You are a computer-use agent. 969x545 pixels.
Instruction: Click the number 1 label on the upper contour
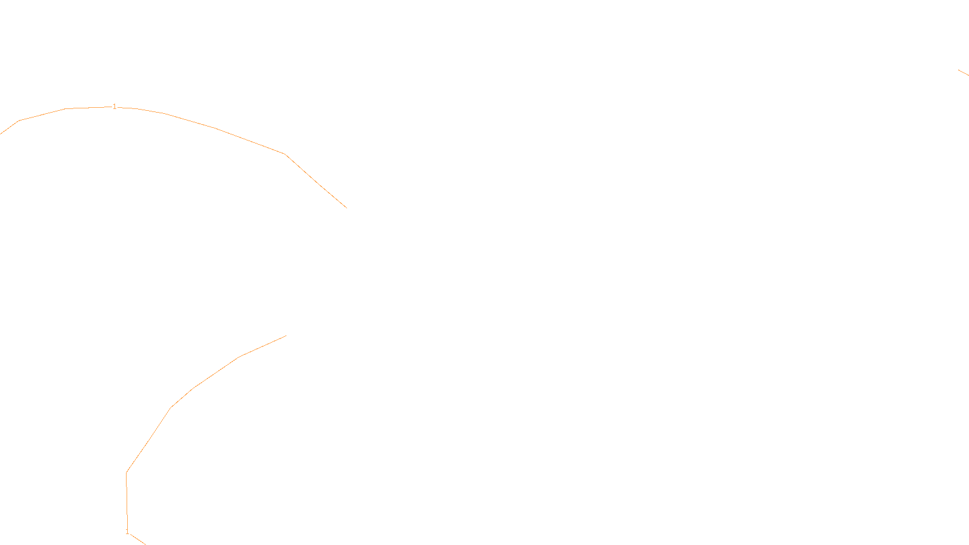pos(114,107)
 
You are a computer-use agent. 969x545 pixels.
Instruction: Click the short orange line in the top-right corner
pos(964,73)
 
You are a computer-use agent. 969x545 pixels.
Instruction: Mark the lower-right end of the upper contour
pos(346,208)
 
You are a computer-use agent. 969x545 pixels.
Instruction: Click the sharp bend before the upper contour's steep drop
pos(285,154)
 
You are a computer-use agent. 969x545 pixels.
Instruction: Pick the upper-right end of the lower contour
pos(286,336)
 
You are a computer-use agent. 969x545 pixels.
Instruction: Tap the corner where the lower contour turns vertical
pos(126,472)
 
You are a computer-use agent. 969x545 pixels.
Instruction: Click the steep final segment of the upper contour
pos(316,181)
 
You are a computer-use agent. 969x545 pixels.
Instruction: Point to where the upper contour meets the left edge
pos(1,133)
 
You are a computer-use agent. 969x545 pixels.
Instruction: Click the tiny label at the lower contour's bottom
pos(127,532)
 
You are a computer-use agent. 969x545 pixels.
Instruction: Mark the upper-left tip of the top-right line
pos(959,70)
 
